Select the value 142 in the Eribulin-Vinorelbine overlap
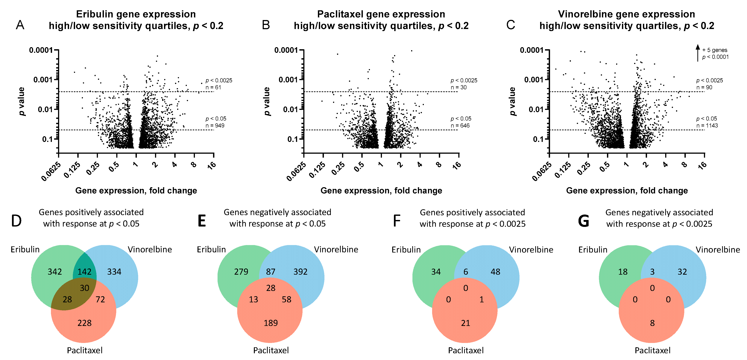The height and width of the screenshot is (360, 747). tap(84, 272)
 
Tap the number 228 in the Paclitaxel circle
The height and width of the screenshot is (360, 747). tap(84, 323)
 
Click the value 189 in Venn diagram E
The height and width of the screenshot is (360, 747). tap(271, 323)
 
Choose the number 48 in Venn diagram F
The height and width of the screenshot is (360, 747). tap(495, 272)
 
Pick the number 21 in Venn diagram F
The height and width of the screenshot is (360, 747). tap(465, 323)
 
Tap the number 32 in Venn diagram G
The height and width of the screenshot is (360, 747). tap(682, 272)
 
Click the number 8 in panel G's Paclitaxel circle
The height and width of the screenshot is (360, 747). tap(652, 323)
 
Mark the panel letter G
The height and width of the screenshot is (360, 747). tap(583, 221)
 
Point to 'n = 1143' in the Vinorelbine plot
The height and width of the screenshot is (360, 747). tap(707, 125)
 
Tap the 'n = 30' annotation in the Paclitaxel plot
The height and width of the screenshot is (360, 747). tap(458, 87)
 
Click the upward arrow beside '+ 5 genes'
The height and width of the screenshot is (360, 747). tap(698, 53)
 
